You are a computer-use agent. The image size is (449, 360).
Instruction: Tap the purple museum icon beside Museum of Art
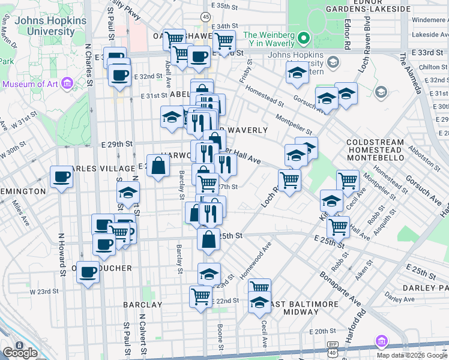67,83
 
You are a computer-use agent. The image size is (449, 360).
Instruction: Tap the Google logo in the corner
20,352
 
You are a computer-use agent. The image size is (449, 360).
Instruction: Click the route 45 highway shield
206,17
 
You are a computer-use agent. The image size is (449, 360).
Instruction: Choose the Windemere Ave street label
427,19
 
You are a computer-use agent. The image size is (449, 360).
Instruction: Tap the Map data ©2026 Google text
411,355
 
